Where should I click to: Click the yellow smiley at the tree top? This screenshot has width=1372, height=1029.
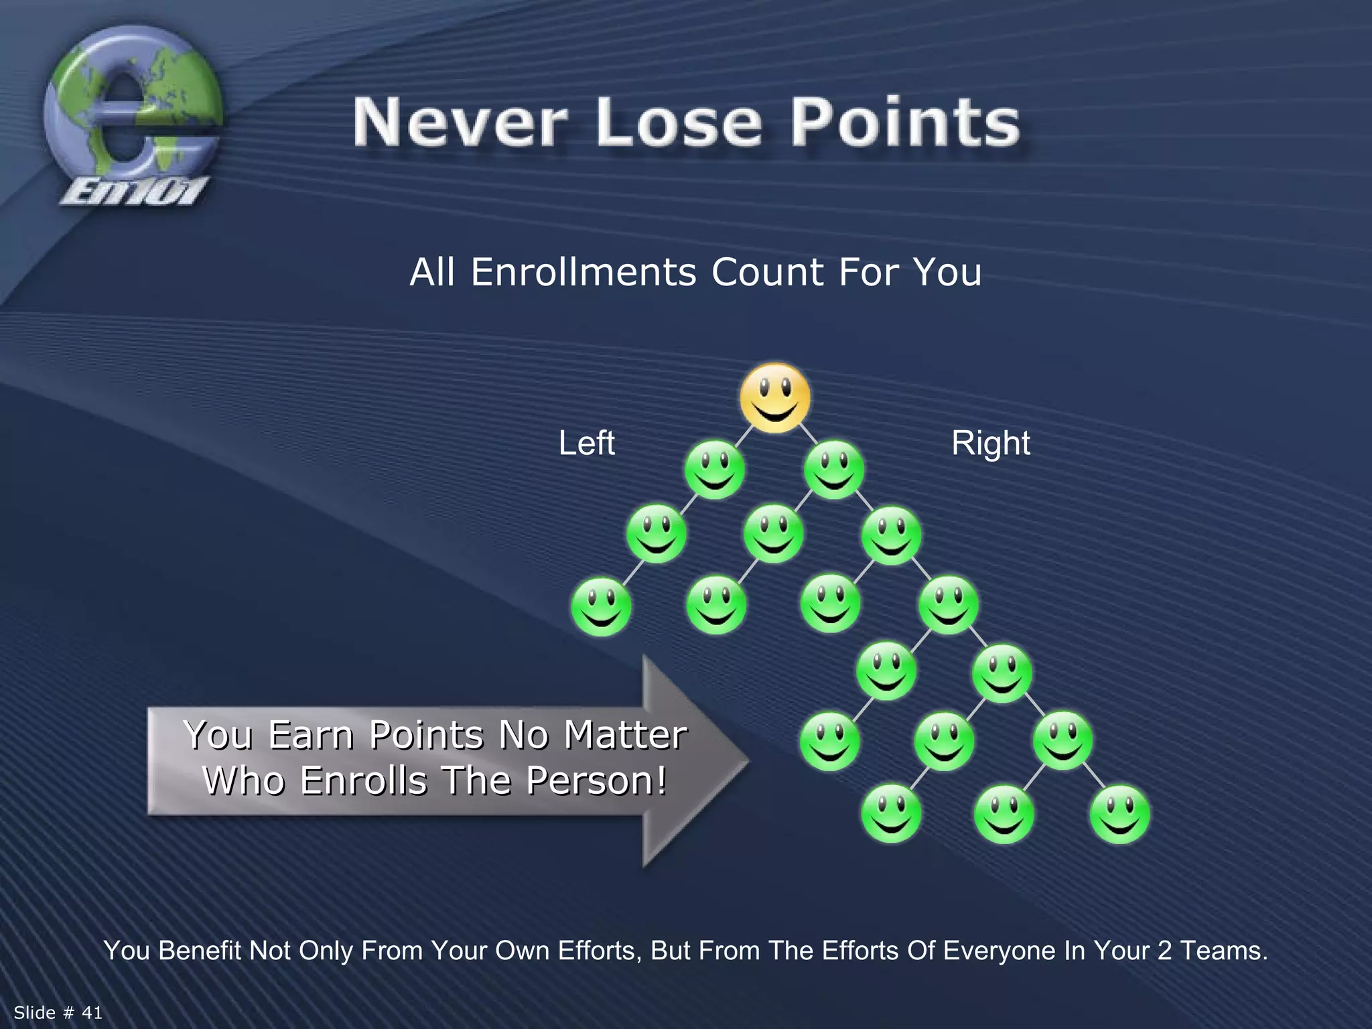pyautogui.click(x=775, y=397)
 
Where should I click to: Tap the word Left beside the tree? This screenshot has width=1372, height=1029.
pyautogui.click(x=586, y=443)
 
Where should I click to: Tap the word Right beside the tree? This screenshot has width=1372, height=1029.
pyautogui.click(x=990, y=443)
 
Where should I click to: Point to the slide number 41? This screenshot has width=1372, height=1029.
pyautogui.click(x=92, y=1012)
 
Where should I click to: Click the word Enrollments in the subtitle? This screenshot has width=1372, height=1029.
pyautogui.click(x=583, y=273)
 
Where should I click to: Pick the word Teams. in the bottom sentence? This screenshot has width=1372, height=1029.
pyautogui.click(x=1223, y=951)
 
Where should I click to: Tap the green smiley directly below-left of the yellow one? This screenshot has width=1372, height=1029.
pyautogui.click(x=714, y=470)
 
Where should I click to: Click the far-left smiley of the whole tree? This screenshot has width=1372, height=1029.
pyautogui.click(x=601, y=606)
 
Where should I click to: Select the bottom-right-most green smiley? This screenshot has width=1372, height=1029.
pyautogui.click(x=1119, y=814)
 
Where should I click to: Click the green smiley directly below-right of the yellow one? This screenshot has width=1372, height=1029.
pyautogui.click(x=834, y=470)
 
